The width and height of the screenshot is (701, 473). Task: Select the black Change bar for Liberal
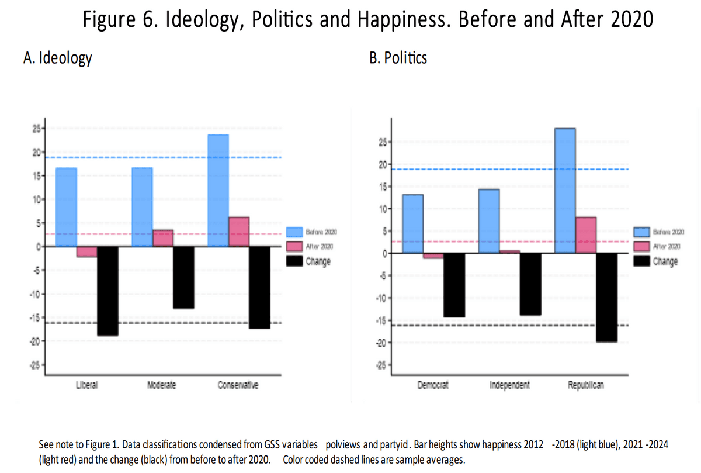point(107,291)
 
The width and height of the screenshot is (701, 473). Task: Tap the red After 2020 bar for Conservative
point(239,232)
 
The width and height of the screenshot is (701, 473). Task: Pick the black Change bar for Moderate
point(183,277)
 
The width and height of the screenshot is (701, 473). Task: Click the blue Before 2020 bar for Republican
point(565,191)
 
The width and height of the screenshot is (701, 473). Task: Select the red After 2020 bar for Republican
point(585,235)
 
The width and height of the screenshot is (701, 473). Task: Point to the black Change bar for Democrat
point(454,285)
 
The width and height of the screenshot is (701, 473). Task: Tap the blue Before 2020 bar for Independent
point(489,221)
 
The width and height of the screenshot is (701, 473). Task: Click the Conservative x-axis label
point(238,385)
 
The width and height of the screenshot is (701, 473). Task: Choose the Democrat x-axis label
point(433,385)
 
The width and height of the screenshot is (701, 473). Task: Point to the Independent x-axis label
point(509,385)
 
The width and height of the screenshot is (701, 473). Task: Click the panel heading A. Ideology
point(57,58)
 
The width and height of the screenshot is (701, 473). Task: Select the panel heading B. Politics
point(398,58)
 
